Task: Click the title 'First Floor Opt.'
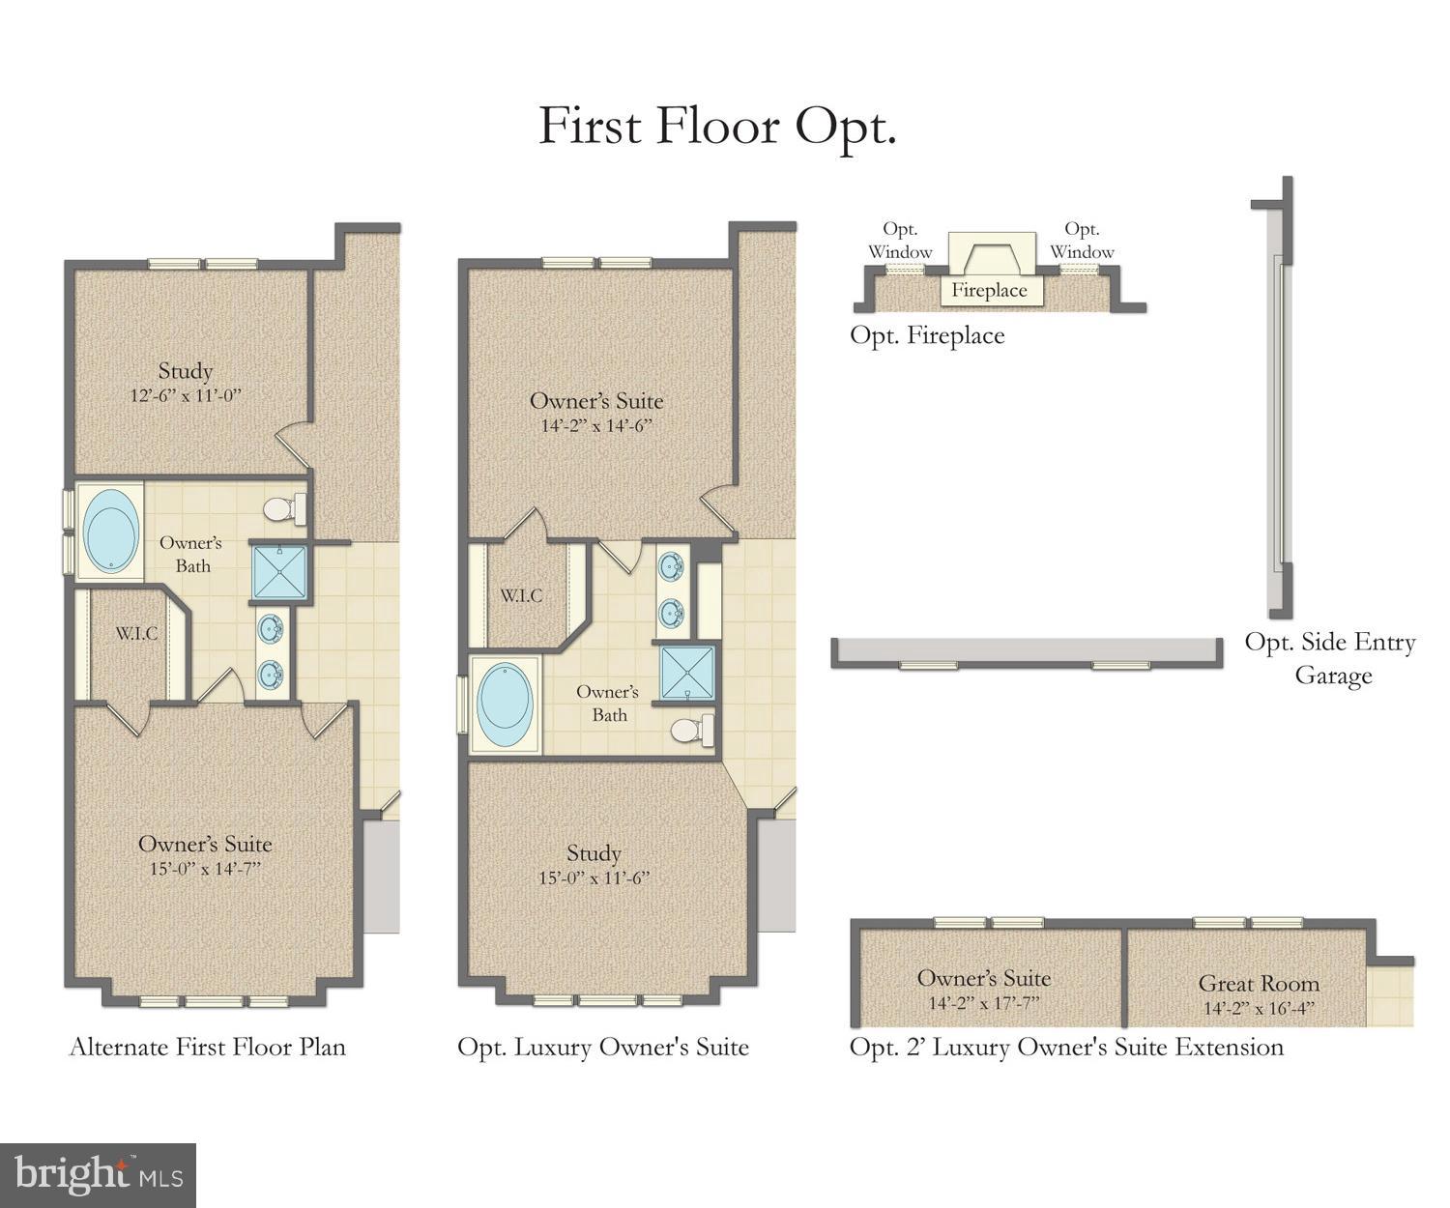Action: click(x=717, y=128)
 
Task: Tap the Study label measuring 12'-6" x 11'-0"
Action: click(x=185, y=382)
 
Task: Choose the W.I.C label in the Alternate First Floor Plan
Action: click(x=136, y=634)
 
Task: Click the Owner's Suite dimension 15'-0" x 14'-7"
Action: click(x=205, y=869)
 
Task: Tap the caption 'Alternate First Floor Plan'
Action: click(x=207, y=1047)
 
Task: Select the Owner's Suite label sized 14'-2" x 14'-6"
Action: click(x=596, y=412)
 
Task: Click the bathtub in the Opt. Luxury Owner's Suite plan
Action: click(x=505, y=705)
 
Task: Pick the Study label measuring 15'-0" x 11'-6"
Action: click(x=594, y=864)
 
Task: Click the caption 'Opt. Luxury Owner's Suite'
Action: click(x=603, y=1047)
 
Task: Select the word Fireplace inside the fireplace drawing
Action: click(x=989, y=290)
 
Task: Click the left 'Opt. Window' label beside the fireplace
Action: click(x=900, y=241)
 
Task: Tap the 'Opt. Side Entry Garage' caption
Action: click(x=1331, y=658)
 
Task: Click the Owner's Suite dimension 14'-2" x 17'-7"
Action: click(x=984, y=1003)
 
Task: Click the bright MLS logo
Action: click(x=99, y=1175)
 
